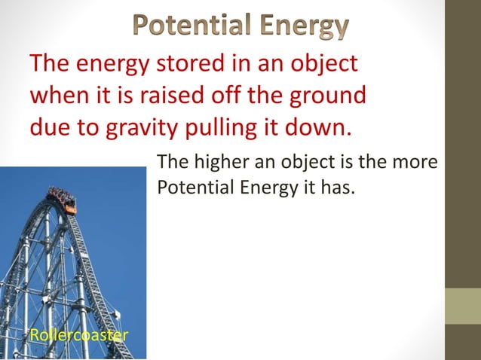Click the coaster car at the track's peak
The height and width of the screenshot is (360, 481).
(62, 200)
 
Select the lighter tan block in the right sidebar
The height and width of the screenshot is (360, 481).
(463, 305)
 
